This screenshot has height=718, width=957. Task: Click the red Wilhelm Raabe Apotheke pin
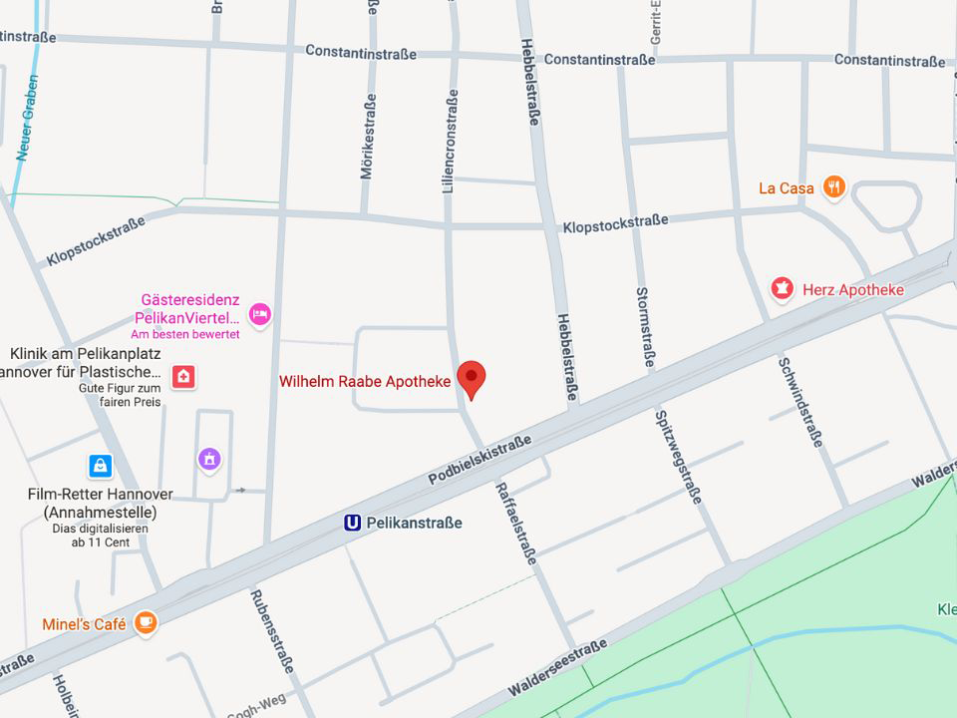(x=471, y=378)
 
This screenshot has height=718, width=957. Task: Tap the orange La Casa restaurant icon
(x=834, y=186)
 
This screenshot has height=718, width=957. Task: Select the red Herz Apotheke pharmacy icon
(x=783, y=289)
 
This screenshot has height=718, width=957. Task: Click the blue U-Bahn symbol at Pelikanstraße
(x=352, y=523)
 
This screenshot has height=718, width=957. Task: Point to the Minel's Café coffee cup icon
(x=146, y=623)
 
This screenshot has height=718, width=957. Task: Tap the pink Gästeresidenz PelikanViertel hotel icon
(x=259, y=314)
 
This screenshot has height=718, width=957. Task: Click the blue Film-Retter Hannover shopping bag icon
(x=100, y=465)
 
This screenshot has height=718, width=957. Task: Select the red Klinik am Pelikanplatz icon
(x=182, y=376)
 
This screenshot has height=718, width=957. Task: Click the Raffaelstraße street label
(x=515, y=522)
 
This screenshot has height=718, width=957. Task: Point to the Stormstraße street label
(x=643, y=327)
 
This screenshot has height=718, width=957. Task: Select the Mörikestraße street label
(x=368, y=136)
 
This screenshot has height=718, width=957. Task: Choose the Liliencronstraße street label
(x=450, y=141)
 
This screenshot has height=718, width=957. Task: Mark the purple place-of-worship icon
(x=208, y=459)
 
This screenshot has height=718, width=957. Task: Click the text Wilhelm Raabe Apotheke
(x=364, y=382)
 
